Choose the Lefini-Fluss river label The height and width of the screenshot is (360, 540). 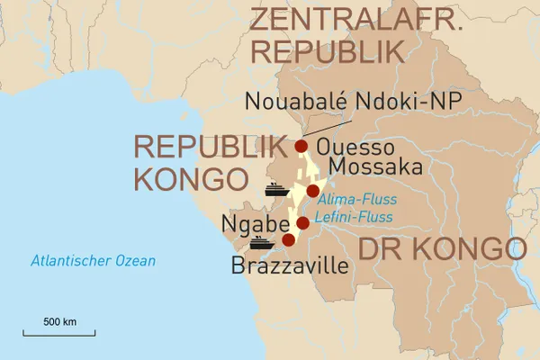353,217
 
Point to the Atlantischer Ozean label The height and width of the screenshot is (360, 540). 93,261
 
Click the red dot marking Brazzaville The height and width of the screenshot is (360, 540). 288,240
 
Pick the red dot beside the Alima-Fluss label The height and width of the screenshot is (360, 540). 312,191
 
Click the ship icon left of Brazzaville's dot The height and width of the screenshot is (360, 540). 262,242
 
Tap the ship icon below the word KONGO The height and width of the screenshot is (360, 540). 275,190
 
